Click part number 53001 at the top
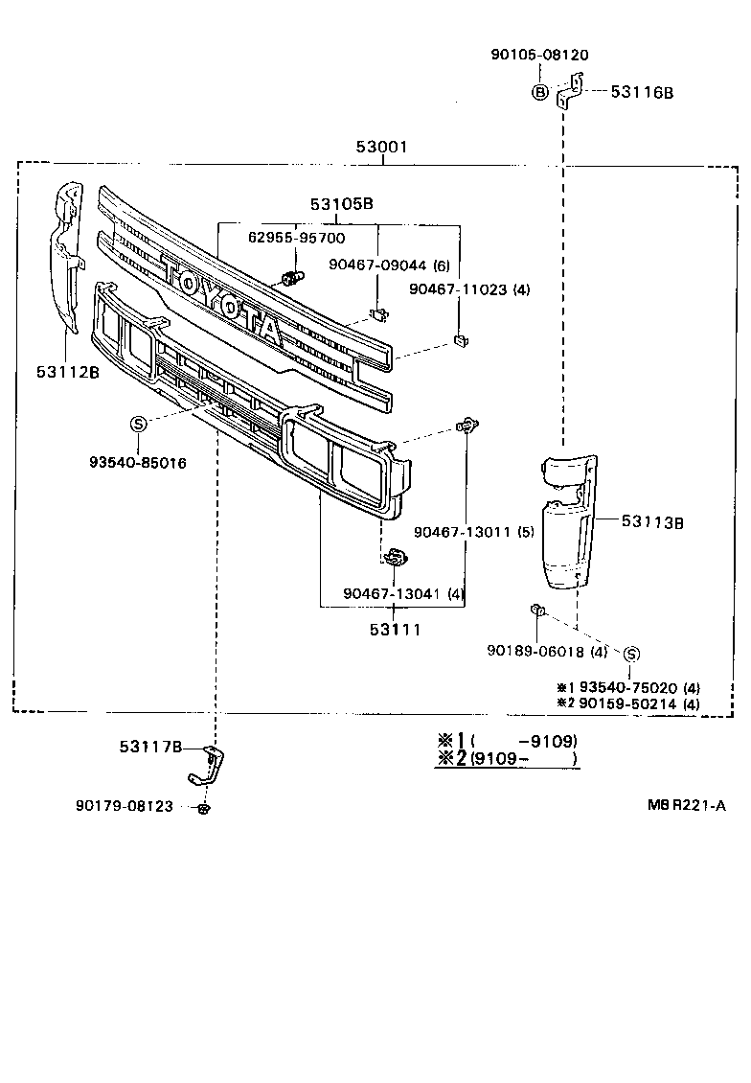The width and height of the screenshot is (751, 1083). coord(381,148)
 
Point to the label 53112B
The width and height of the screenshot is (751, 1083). coord(68,373)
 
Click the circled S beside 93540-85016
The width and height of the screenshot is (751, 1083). coord(138,425)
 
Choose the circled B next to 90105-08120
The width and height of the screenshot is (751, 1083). coord(540,92)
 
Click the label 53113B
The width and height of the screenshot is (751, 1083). coord(652,521)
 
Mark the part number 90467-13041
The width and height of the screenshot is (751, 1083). coord(392,594)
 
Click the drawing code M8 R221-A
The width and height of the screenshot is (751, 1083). coord(686,806)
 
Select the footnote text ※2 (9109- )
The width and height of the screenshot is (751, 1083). coord(508,759)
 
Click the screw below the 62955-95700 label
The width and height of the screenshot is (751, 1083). coord(290,279)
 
